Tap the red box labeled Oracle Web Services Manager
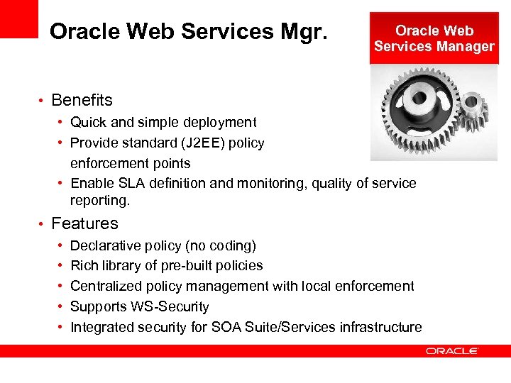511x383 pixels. [x=434, y=38]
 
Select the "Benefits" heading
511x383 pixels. [x=82, y=100]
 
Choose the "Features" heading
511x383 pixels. [x=84, y=223]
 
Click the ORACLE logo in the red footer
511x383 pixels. [x=452, y=350]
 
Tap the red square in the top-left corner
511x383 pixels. [x=18, y=18]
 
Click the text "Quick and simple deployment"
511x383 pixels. [x=163, y=123]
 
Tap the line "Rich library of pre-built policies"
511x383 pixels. [x=167, y=266]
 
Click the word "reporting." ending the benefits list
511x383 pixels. [x=100, y=201]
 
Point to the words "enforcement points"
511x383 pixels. [x=131, y=163]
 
